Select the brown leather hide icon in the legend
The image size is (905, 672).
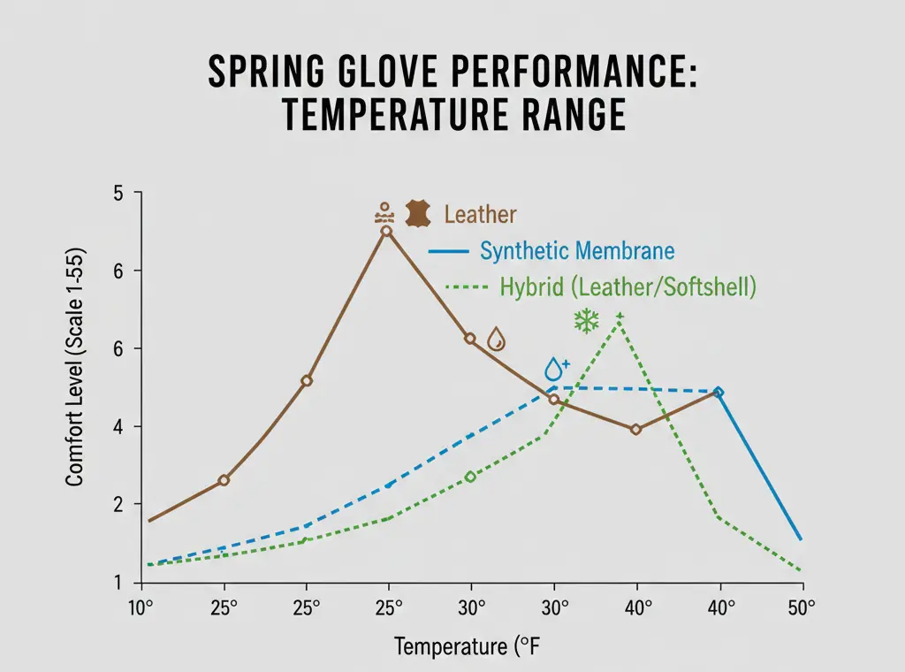tap(417, 214)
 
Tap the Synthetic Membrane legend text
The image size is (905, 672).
tap(577, 251)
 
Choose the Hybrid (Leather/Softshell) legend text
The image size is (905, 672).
tap(627, 287)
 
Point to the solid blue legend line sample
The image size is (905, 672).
tap(447, 252)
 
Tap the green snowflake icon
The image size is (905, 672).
tap(586, 321)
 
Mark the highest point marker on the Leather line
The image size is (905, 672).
tap(386, 231)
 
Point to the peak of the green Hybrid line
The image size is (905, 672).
tap(620, 317)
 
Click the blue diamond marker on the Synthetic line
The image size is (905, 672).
tap(719, 392)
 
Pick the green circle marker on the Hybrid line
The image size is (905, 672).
tap(470, 477)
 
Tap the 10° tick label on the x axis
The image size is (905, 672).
tap(142, 608)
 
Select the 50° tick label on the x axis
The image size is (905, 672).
tap(802, 608)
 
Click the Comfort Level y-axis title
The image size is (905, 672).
tap(74, 388)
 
